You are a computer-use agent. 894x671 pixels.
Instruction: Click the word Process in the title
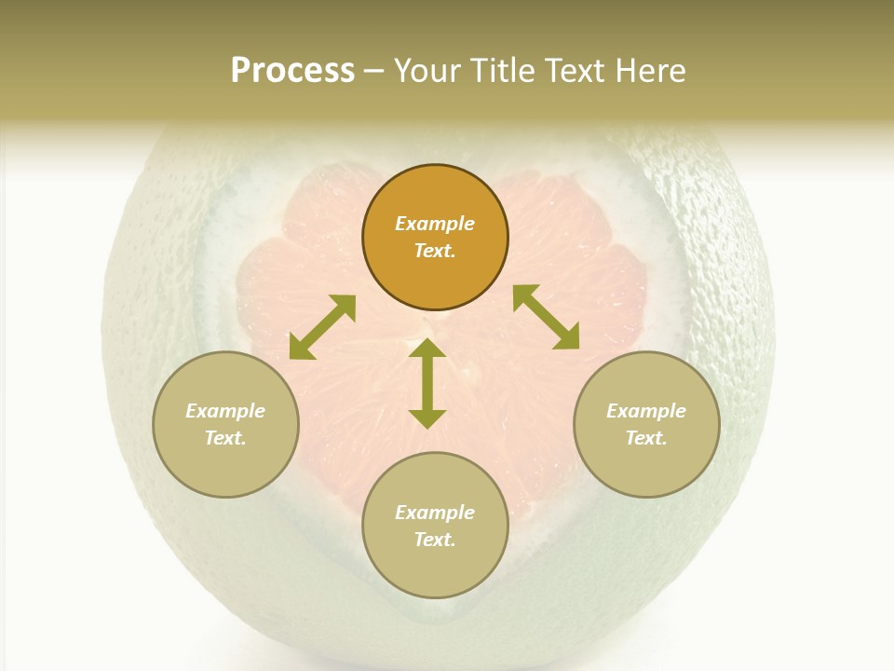point(292,71)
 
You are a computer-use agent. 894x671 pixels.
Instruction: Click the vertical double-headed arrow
point(427,383)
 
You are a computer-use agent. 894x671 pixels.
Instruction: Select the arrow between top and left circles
point(322,326)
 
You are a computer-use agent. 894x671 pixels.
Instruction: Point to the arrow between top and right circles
point(546,317)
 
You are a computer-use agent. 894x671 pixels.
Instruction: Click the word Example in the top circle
point(435,224)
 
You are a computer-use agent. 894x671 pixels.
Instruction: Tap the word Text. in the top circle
point(435,251)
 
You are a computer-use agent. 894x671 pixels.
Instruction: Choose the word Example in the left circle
point(225,411)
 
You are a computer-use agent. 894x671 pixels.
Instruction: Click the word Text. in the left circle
point(225,438)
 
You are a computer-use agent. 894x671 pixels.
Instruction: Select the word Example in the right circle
point(646,411)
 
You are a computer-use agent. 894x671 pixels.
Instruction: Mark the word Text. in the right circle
point(646,438)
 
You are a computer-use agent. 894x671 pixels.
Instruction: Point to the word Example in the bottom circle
point(435,513)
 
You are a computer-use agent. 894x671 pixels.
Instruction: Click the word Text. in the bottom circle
point(435,540)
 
